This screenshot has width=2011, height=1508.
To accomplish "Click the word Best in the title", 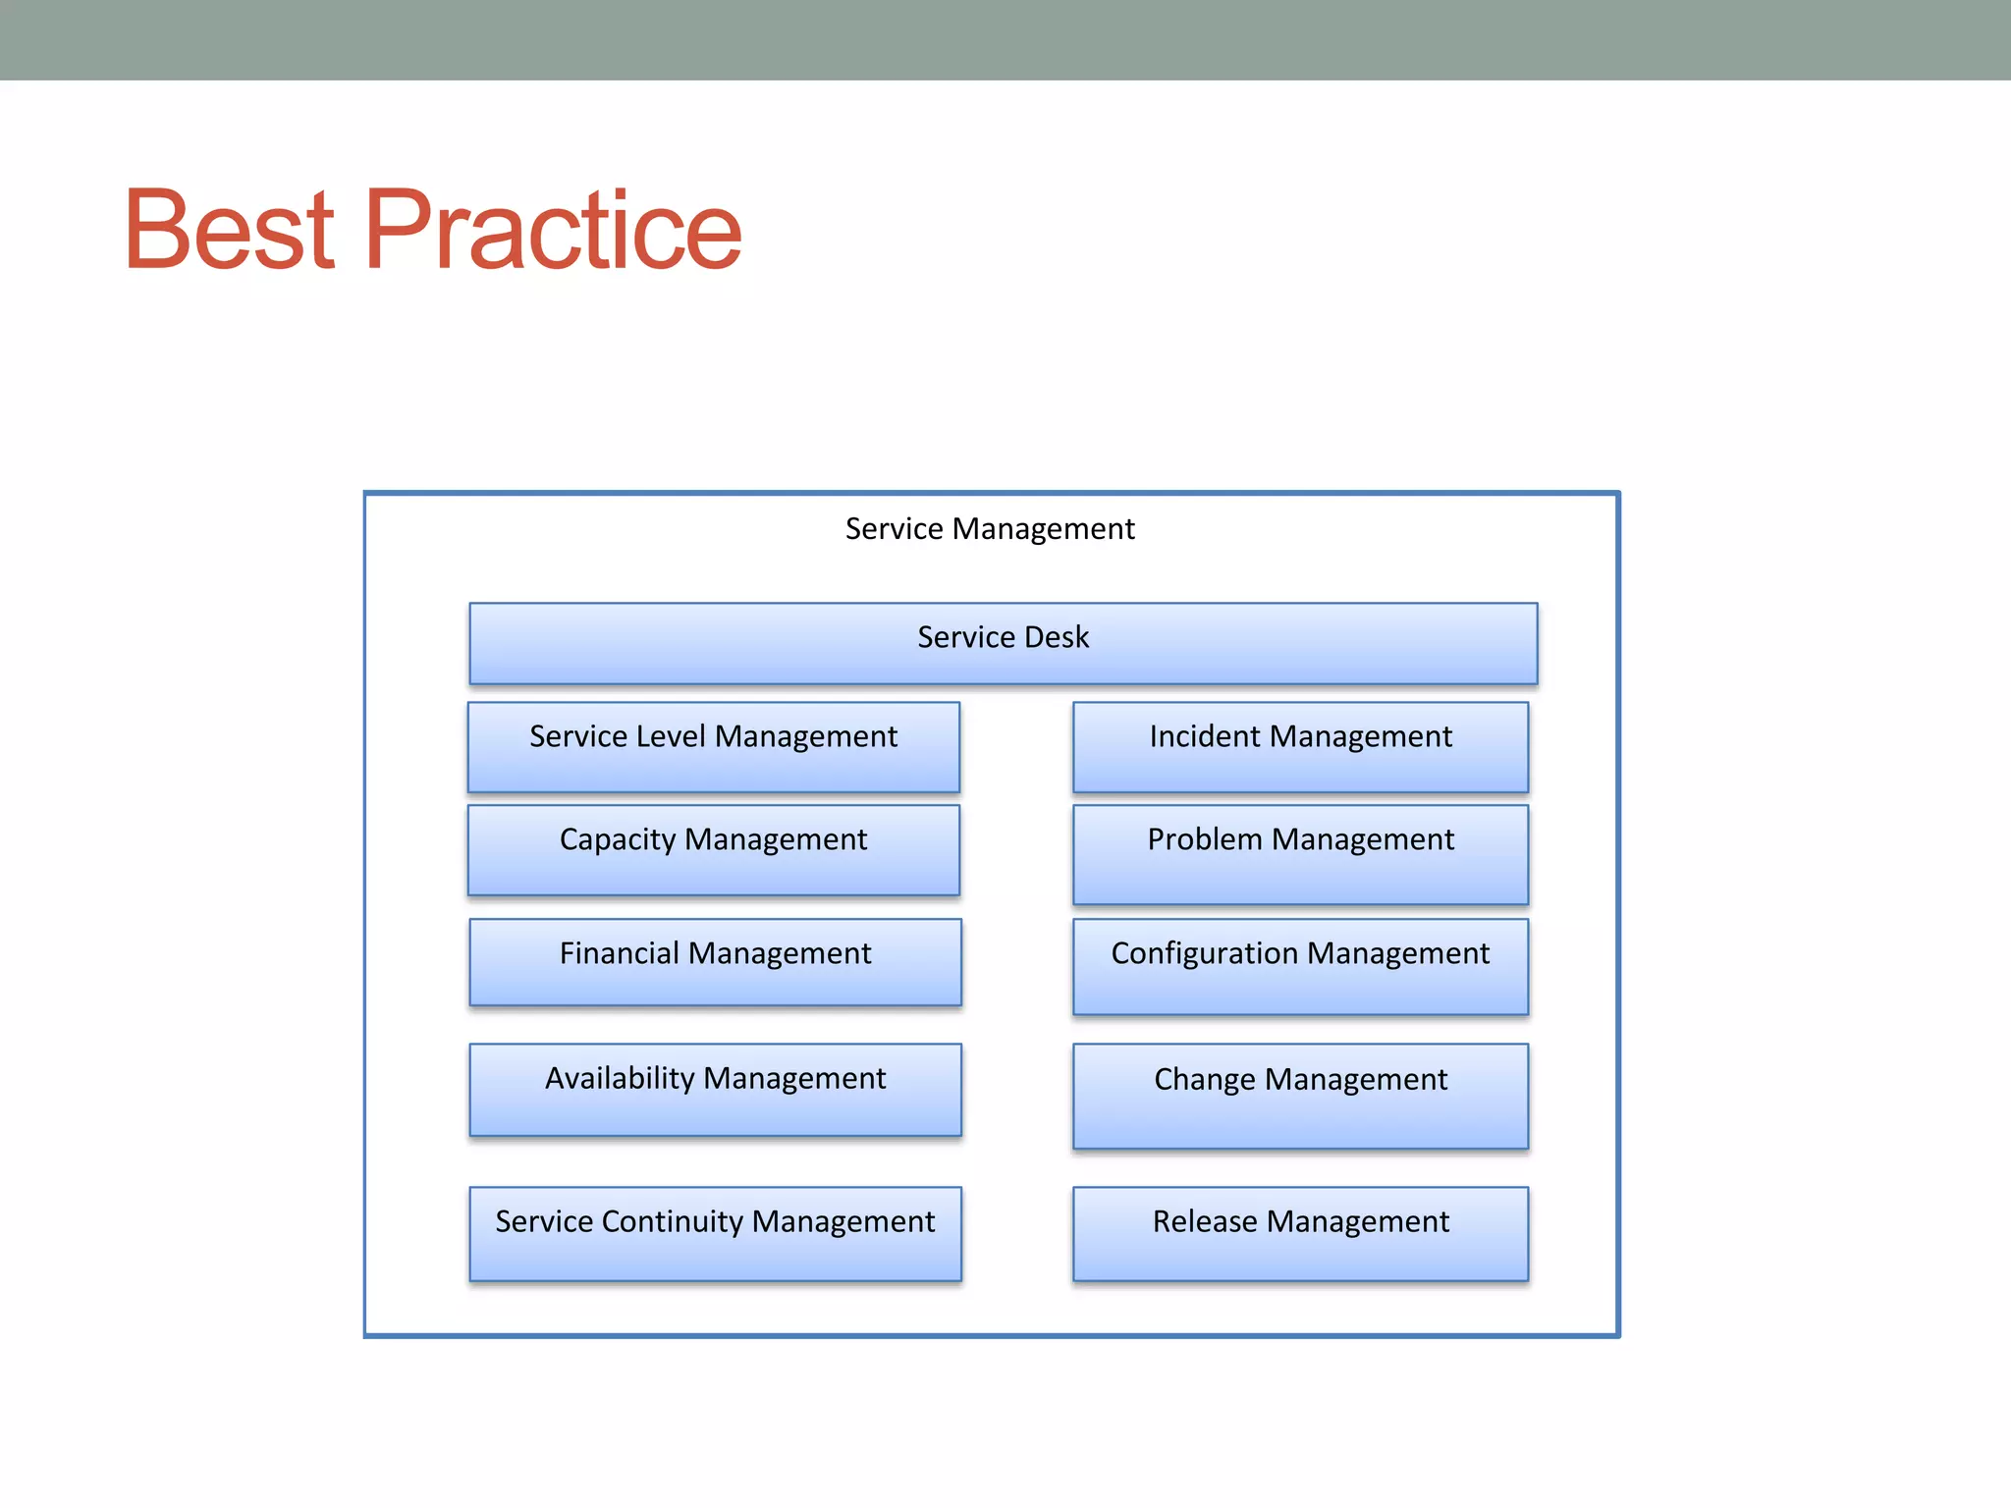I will coord(230,229).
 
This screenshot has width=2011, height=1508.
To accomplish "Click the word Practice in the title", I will coord(553,229).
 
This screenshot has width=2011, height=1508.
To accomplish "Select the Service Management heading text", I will coord(989,529).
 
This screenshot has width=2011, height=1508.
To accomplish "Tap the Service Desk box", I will coord(1003,644).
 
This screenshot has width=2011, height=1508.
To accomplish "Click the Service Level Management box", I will coord(714,748).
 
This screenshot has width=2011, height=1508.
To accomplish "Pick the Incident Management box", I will coord(1300,748).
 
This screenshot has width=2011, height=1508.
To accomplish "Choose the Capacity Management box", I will coord(714,851).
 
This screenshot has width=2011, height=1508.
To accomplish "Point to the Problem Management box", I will coord(1300,855).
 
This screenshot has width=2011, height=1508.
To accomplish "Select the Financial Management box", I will coord(715,963).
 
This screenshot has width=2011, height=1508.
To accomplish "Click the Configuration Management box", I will coord(1300,967).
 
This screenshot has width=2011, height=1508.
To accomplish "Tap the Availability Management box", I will coord(715,1090).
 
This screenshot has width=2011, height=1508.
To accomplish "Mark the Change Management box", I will coord(1300,1097).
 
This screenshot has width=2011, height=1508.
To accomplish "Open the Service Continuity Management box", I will coord(715,1234).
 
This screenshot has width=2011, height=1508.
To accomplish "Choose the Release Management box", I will coord(1300,1234).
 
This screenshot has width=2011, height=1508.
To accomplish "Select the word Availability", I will coord(621,1078).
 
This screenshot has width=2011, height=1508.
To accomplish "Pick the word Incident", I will coord(1205,736).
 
